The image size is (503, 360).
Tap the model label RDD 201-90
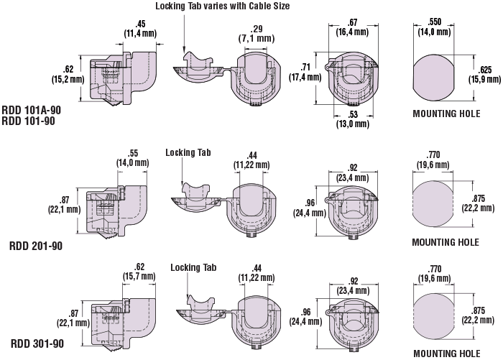35,246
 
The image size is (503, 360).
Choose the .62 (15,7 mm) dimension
139,270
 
